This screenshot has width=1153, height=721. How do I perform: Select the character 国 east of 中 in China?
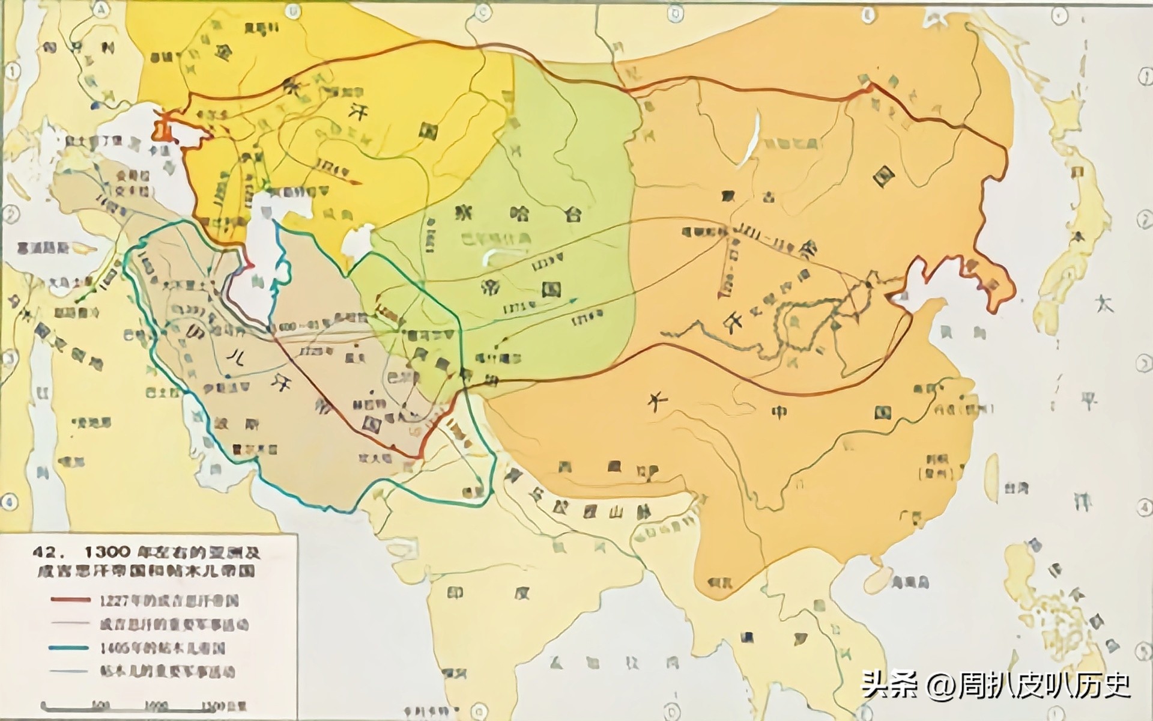(x=882, y=412)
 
